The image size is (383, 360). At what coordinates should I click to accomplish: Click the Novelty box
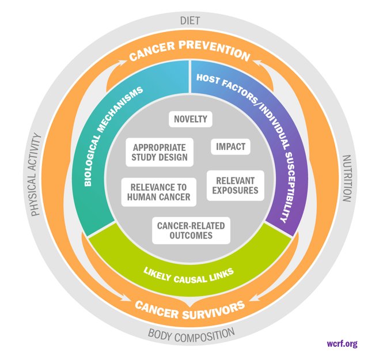[190, 119]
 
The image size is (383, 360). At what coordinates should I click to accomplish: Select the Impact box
[230, 147]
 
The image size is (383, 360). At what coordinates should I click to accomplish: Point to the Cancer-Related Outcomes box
[191, 230]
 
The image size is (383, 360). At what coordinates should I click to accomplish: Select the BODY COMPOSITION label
[191, 333]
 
